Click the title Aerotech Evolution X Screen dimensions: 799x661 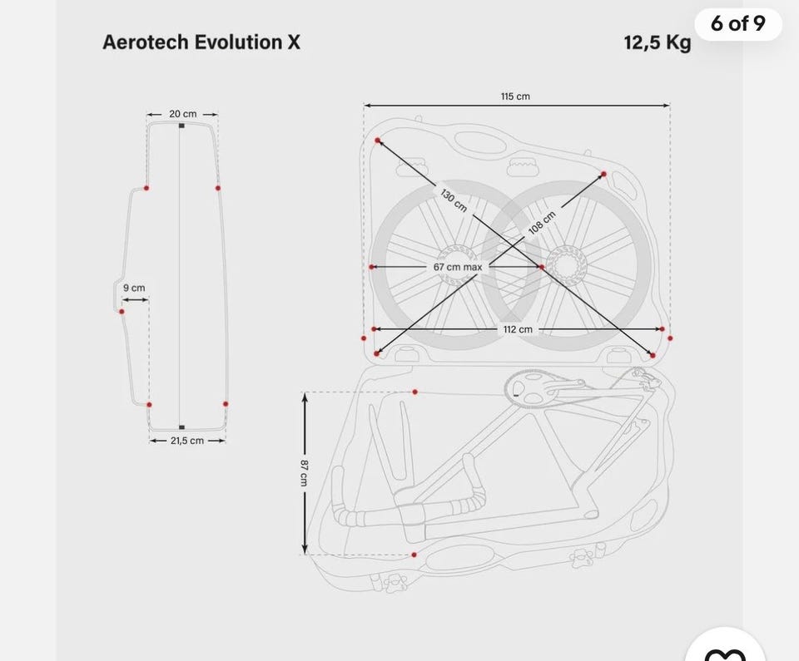click(x=201, y=42)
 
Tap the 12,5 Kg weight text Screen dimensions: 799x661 click(x=658, y=42)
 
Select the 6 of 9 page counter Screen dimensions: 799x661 click(x=738, y=23)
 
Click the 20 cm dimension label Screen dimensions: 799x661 click(x=182, y=114)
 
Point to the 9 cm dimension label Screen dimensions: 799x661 click(x=134, y=288)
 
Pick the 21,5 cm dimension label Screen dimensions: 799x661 click(x=187, y=441)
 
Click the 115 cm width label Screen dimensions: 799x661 click(x=515, y=96)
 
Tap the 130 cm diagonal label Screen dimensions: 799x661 click(x=454, y=200)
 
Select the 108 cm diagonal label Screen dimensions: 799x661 click(x=542, y=223)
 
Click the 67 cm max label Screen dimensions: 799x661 click(x=458, y=267)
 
